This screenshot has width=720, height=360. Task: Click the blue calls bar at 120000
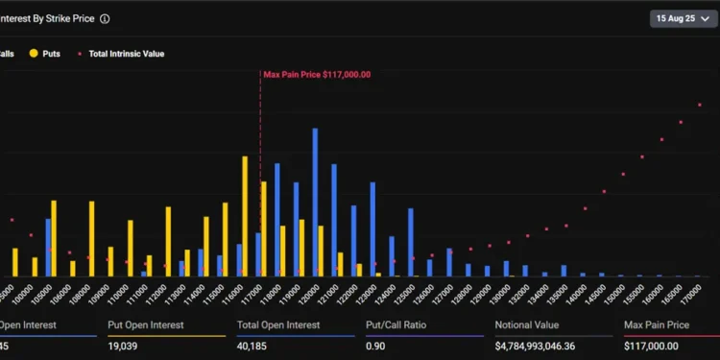(315, 202)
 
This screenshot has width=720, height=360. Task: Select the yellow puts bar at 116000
(245, 216)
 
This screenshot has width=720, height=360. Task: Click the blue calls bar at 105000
(48, 247)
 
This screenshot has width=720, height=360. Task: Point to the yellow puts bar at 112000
(168, 241)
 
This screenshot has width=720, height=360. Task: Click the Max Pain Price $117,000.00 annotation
(318, 74)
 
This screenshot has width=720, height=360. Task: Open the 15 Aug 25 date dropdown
(684, 18)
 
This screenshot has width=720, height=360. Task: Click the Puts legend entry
(44, 54)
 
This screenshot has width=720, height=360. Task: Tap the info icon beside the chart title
(105, 18)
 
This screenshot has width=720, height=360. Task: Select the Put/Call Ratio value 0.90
(377, 346)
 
